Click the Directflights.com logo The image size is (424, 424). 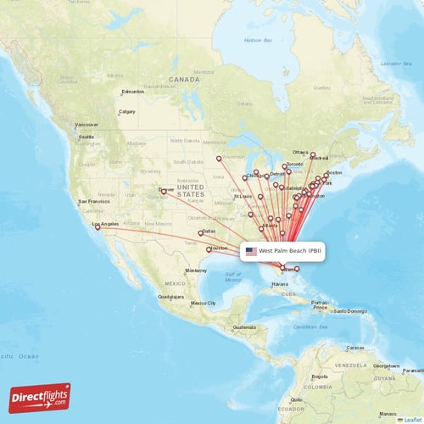[40, 397]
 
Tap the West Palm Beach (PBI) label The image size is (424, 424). [290, 251]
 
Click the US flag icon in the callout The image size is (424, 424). [251, 251]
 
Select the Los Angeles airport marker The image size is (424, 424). [98, 227]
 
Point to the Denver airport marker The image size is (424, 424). [164, 192]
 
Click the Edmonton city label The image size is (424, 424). [133, 92]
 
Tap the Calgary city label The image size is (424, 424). [127, 112]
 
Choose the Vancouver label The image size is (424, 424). [87, 125]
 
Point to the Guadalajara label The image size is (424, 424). [172, 297]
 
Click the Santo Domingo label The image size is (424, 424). [351, 310]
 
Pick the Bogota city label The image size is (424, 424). [320, 376]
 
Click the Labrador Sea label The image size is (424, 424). [401, 64]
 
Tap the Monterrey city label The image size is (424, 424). [196, 270]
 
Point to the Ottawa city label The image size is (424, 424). [301, 152]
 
